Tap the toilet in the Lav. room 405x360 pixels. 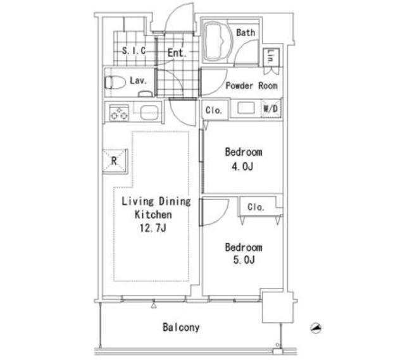pyautogui.click(x=115, y=82)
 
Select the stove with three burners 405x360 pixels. pyautogui.click(x=119, y=113)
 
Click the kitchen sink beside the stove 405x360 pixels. pyautogui.click(x=149, y=113)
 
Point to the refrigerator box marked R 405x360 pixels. pyautogui.click(x=115, y=161)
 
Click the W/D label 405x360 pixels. pyautogui.click(x=270, y=108)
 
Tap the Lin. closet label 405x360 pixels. pyautogui.click(x=271, y=57)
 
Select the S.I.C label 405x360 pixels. pyautogui.click(x=134, y=51)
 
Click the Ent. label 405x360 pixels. pyautogui.click(x=177, y=53)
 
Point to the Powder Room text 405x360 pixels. pyautogui.click(x=252, y=85)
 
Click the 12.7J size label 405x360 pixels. pyautogui.click(x=153, y=228)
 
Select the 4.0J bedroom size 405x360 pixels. pyautogui.click(x=242, y=166)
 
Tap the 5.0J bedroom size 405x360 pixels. pyautogui.click(x=244, y=259)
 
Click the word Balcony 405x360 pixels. pyautogui.click(x=181, y=328)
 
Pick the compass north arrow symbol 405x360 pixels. pyautogui.click(x=316, y=328)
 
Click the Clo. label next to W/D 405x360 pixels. pyautogui.click(x=214, y=110)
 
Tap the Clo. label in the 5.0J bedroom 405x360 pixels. pyautogui.click(x=256, y=207)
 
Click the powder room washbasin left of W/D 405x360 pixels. pyautogui.click(x=246, y=108)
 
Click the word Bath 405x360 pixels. pyautogui.click(x=246, y=32)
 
